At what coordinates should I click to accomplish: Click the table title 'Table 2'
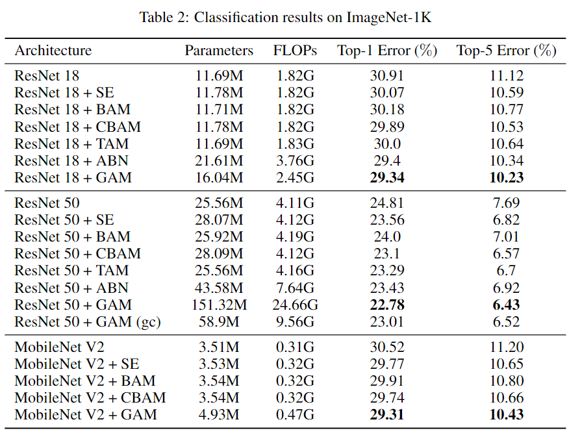point(285,18)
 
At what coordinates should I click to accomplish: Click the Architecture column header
point(53,51)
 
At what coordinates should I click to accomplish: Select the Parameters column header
point(219,51)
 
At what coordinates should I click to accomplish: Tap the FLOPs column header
point(294,51)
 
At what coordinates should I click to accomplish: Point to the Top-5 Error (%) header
point(507,51)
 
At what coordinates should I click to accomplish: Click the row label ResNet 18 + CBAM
point(77,127)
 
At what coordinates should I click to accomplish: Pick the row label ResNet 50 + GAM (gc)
point(87,321)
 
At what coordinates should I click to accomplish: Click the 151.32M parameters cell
point(219,305)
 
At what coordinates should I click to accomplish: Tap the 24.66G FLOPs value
point(294,305)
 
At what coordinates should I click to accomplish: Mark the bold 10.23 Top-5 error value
point(507,177)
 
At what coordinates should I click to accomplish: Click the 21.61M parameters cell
point(219,160)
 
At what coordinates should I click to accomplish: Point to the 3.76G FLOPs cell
point(294,160)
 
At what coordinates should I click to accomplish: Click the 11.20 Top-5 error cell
point(507,347)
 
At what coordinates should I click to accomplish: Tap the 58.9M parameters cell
point(219,321)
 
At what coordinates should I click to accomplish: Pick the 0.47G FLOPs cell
point(294,414)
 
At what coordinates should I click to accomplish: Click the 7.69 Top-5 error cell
point(507,203)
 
